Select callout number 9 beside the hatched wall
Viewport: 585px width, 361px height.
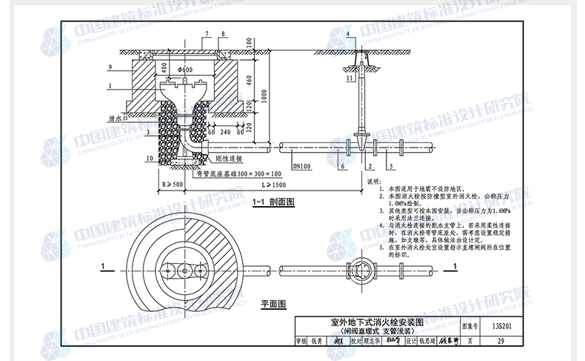pos(109,67)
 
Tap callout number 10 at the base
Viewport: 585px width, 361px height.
pos(149,158)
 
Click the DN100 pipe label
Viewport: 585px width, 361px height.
pos(302,168)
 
